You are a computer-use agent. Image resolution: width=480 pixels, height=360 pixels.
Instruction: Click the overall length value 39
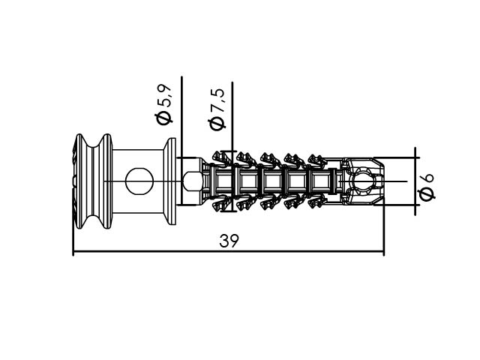coord(228,241)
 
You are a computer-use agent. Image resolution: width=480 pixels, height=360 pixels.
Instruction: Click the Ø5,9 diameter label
coord(164,104)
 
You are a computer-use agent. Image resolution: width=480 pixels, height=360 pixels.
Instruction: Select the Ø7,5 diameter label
coord(216,109)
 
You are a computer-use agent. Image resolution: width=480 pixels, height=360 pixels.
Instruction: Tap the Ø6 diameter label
coord(426,187)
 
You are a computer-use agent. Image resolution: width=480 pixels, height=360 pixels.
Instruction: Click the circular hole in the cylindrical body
coord(139,181)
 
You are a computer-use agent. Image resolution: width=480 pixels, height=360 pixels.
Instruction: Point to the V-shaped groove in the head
coord(94,181)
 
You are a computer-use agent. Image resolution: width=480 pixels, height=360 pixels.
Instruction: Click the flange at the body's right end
coord(169,181)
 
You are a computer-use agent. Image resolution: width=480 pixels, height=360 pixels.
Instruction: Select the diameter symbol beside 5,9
coord(164,118)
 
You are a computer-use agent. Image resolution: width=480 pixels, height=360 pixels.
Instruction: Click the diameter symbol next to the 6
coord(426,194)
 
